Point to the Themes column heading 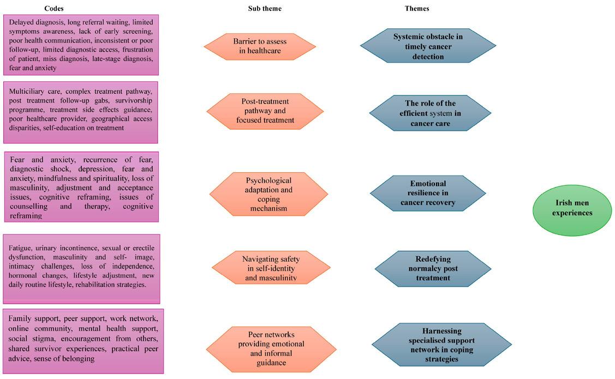[x=417, y=9]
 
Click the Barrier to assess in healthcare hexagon [x=260, y=46]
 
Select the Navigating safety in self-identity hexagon [x=271, y=268]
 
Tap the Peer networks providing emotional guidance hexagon [x=271, y=348]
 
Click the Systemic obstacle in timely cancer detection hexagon [x=428, y=46]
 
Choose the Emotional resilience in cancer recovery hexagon [x=428, y=193]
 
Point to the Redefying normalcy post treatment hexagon [x=433, y=268]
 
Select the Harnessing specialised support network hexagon [x=441, y=345]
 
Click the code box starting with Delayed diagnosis [x=81, y=45]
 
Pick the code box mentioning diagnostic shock [x=81, y=187]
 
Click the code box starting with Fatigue [x=81, y=269]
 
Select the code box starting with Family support [x=83, y=341]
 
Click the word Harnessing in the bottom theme [x=441, y=331]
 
